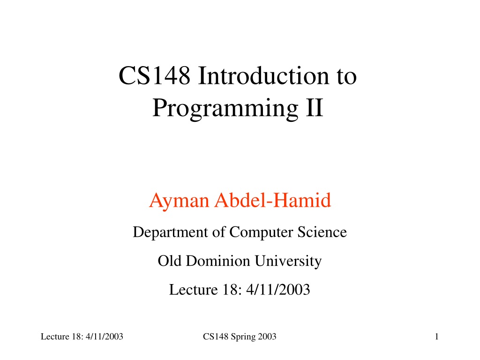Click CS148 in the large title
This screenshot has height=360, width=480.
point(154,75)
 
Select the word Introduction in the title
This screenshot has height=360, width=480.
point(263,75)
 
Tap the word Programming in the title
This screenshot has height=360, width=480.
point(225,109)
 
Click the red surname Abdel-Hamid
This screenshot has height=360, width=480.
point(273,200)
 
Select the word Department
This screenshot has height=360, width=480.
point(170,232)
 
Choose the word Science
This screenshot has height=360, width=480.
point(322,232)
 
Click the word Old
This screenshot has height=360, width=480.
point(169,261)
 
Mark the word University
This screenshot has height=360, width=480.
point(288,262)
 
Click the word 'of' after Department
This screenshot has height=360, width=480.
point(219,232)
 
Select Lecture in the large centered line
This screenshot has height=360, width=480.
point(194,290)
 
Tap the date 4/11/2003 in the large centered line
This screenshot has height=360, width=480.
point(278,290)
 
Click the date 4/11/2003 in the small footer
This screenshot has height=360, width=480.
point(105,337)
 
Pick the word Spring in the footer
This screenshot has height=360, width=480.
point(243,337)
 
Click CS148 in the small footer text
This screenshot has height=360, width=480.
point(216,337)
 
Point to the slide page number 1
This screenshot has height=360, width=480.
point(437,337)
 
